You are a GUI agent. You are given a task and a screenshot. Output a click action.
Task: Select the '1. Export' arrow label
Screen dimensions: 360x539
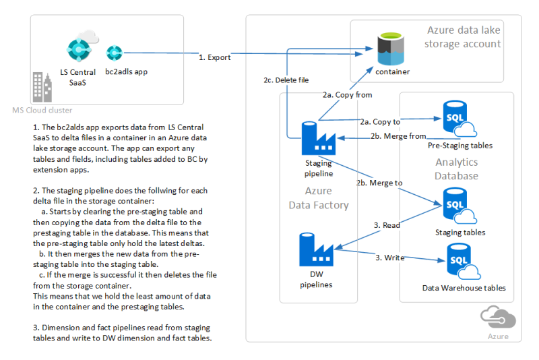[x=215, y=57]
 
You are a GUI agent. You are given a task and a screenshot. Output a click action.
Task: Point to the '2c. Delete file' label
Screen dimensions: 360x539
[x=286, y=80]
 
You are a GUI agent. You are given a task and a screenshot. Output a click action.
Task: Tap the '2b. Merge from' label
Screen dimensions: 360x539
[x=398, y=136]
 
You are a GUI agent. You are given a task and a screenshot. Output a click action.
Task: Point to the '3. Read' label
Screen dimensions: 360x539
[x=387, y=224]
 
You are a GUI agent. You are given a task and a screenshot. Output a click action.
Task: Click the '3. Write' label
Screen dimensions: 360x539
[x=389, y=257]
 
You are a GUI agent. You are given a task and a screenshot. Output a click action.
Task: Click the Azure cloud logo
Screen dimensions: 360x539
[x=497, y=318]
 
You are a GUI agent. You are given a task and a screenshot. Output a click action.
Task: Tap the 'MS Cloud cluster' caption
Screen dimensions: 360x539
[x=42, y=110]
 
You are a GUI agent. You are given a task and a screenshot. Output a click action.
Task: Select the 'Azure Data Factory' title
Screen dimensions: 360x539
[x=318, y=198]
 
